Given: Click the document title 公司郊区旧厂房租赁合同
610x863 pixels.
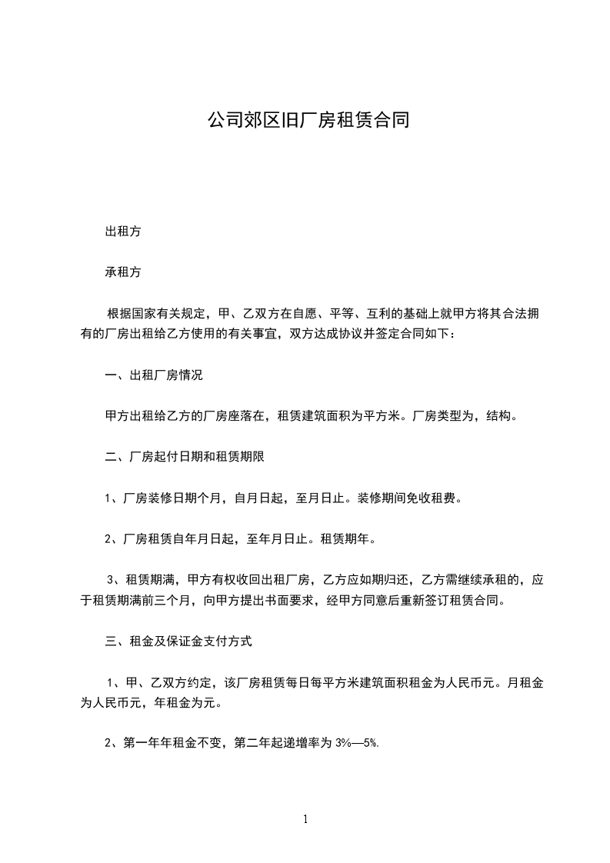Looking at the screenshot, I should point(305,120).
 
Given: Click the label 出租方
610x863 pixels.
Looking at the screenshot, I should point(122,230).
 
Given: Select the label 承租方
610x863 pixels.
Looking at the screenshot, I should point(122,272).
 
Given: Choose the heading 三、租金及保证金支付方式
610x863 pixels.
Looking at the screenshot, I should point(178,640).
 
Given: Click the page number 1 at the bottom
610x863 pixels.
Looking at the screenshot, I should point(305,819).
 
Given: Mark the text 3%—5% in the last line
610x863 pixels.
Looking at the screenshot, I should point(357,743).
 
